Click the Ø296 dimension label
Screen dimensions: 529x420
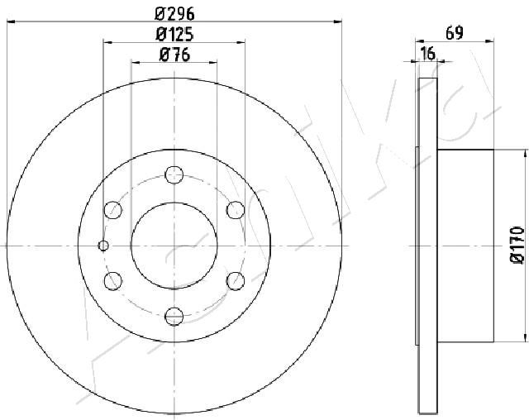[174, 14]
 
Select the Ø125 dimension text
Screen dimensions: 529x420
[174, 35]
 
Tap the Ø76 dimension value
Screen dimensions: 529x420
[174, 55]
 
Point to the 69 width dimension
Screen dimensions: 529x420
[455, 33]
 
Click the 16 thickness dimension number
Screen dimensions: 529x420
[428, 54]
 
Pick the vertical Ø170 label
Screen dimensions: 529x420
[517, 246]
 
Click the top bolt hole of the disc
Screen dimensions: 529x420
[174, 174]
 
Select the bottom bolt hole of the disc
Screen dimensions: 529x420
[174, 317]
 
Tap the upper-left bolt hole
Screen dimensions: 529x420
[112, 210]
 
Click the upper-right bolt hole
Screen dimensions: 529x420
[236, 210]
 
